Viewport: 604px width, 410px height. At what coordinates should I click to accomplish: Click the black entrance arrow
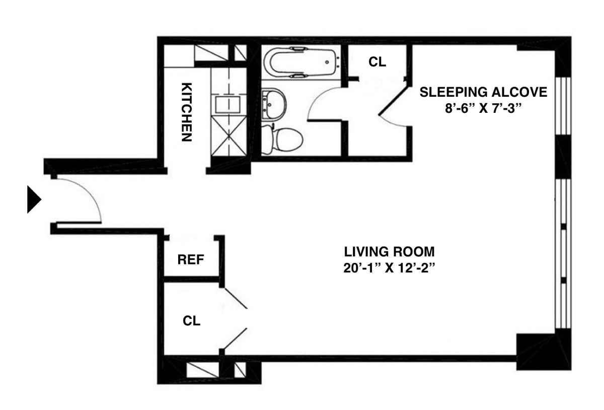[34, 199]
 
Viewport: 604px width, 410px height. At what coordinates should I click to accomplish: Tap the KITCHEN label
[186, 111]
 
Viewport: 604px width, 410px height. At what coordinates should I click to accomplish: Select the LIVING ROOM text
[389, 251]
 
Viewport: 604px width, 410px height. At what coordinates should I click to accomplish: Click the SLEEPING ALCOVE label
[483, 92]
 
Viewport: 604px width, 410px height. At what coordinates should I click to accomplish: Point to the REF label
[191, 260]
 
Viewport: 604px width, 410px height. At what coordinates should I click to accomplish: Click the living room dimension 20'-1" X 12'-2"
[389, 267]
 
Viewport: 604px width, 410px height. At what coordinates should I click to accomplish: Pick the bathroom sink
[274, 104]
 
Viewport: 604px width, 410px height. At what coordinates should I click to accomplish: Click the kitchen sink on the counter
[229, 104]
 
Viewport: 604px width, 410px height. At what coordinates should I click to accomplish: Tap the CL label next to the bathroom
[377, 62]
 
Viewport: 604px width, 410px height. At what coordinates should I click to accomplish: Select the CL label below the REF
[191, 321]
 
